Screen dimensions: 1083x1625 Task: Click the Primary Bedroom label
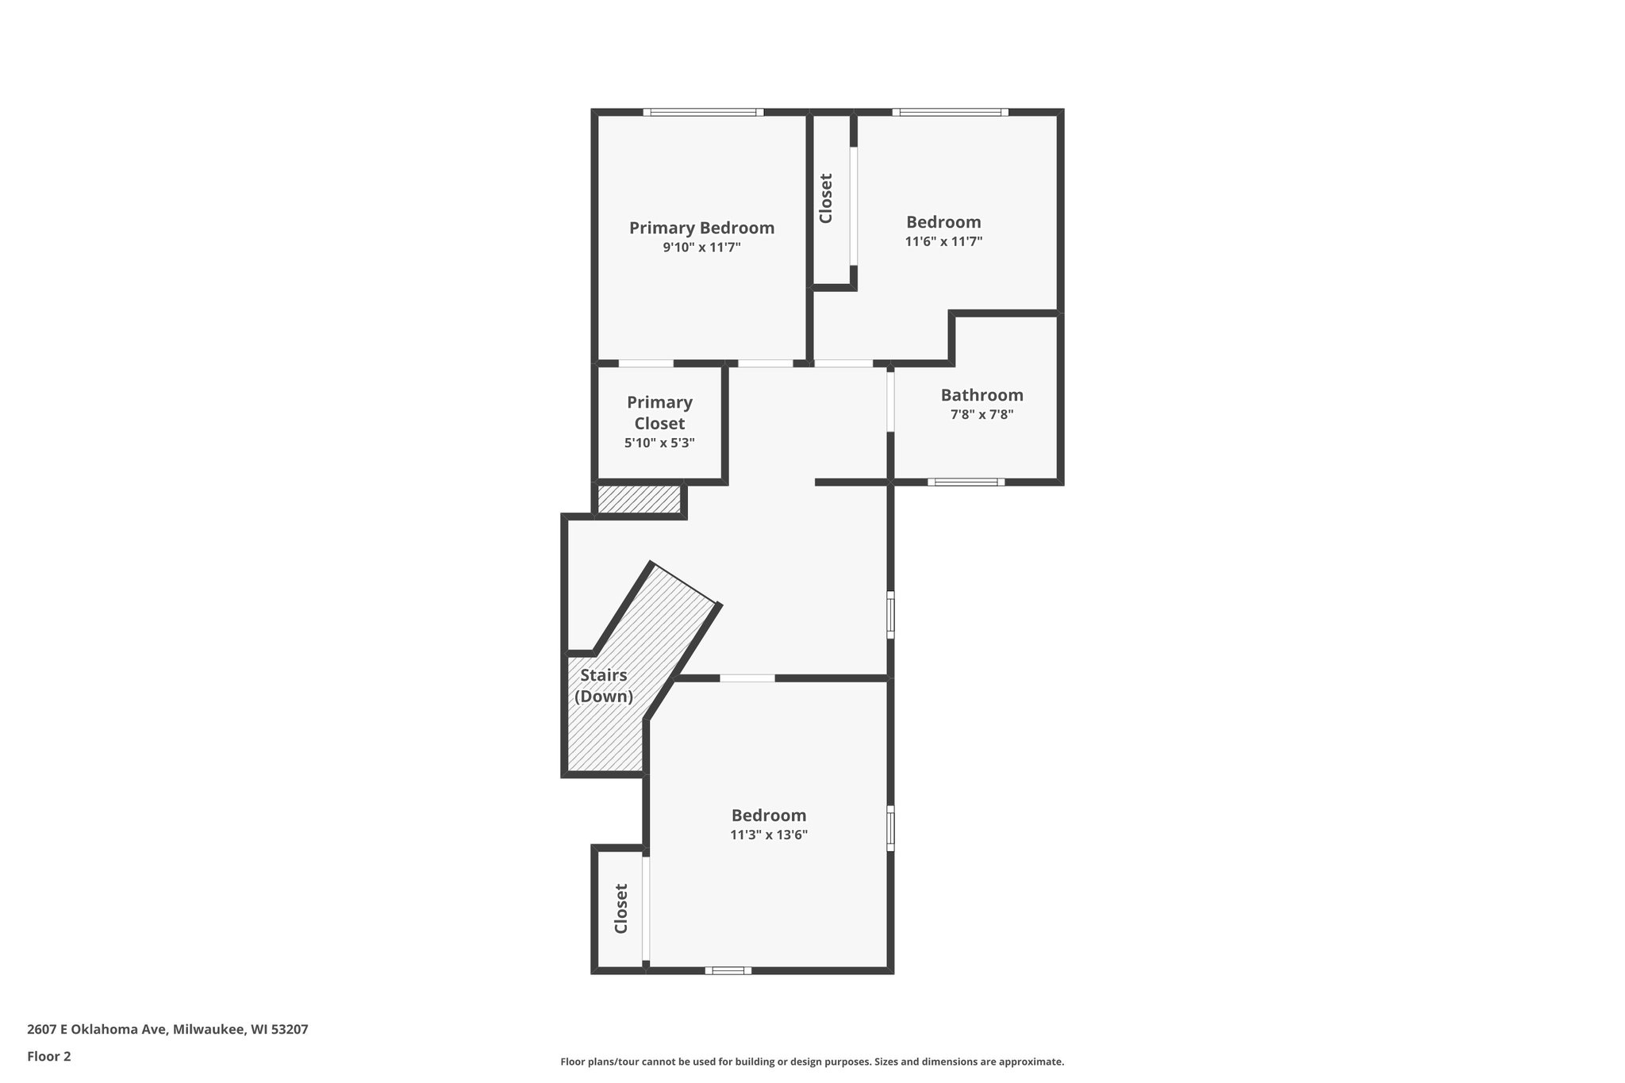point(701,229)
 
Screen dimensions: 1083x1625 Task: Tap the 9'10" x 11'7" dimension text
point(701,248)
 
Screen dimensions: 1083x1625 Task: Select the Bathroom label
point(982,395)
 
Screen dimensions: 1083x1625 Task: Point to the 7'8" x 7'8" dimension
point(982,414)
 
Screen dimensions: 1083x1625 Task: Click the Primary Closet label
point(659,413)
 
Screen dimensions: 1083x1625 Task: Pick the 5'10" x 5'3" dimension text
point(659,444)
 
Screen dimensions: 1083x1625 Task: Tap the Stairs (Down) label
point(604,686)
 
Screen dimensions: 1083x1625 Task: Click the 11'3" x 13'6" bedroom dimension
point(769,835)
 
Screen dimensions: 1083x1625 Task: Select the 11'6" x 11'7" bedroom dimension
point(943,241)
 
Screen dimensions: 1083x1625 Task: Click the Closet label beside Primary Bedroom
point(826,198)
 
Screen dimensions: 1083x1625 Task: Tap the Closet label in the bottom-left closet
point(621,908)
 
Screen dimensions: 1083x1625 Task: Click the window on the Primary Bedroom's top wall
point(703,112)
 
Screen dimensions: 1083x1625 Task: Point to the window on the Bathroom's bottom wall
point(966,482)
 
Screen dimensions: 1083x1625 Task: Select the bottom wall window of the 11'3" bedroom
point(728,970)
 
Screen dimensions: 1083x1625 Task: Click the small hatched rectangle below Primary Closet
point(639,500)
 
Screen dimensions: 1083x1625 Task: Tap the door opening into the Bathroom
point(890,401)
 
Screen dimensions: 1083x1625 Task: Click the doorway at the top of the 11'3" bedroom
point(747,678)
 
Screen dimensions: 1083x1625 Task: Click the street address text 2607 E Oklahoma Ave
point(167,1029)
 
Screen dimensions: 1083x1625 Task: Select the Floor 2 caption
point(49,1056)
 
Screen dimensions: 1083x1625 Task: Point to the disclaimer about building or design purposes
point(812,1062)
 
